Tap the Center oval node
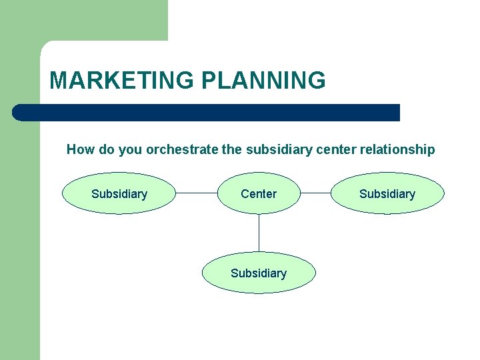point(259,194)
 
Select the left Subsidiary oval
point(119,194)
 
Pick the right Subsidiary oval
point(387,194)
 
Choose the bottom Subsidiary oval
point(259,273)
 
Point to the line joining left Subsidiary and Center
point(197,194)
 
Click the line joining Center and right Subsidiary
point(315,194)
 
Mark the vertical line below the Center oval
point(259,233)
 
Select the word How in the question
point(81,150)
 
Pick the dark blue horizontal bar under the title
point(207,113)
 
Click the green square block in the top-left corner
point(83,20)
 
